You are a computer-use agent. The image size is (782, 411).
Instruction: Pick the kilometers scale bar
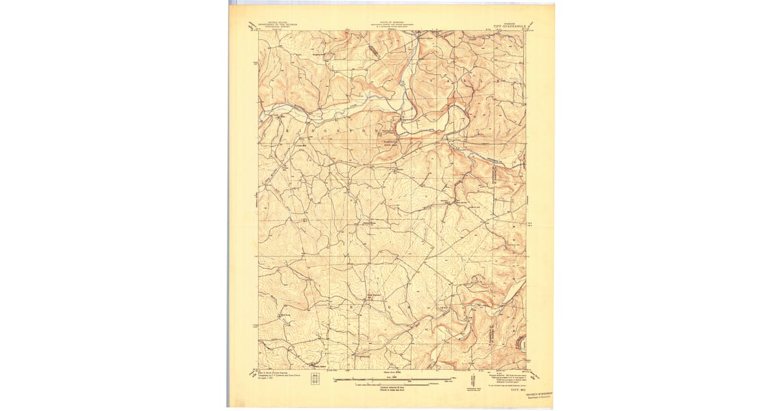click(x=392, y=385)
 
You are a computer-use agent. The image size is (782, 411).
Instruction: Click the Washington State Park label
click(x=389, y=144)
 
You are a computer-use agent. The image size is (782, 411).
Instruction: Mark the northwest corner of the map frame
click(x=259, y=31)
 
